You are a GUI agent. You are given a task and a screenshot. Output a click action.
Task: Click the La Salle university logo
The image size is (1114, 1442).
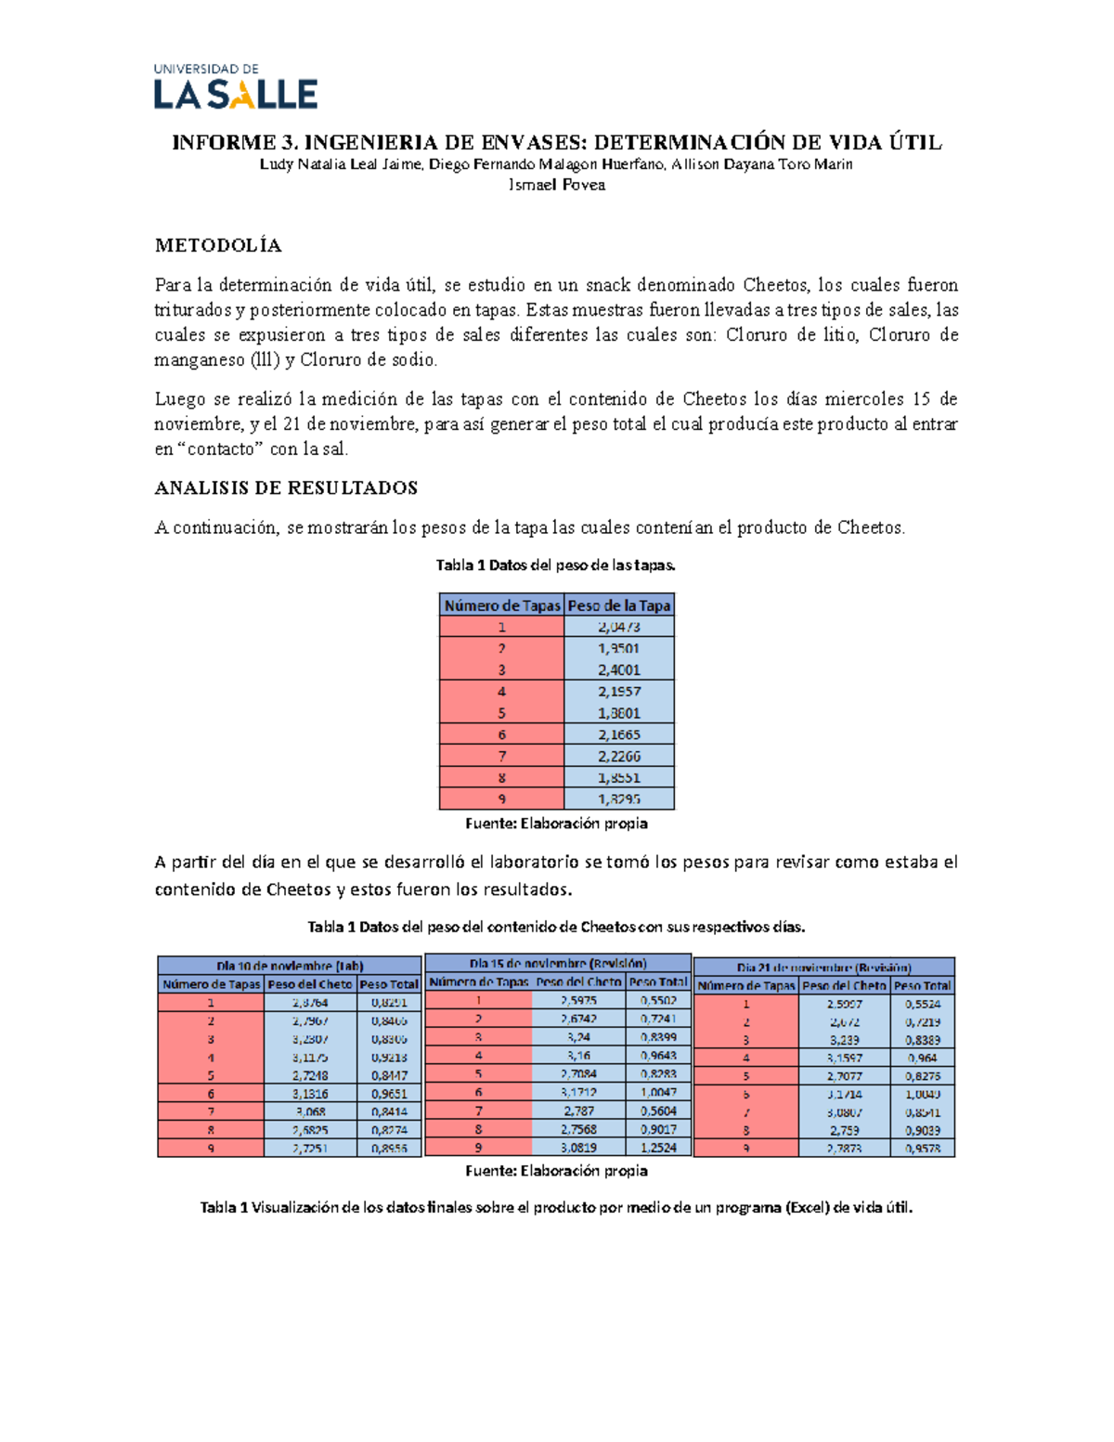[236, 87]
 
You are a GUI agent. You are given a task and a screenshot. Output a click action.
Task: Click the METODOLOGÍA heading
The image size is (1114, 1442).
[218, 245]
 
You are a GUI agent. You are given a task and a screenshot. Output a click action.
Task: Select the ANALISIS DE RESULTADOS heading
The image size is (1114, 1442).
[286, 487]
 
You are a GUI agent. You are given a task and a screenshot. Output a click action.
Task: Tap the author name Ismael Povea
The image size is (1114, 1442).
[556, 185]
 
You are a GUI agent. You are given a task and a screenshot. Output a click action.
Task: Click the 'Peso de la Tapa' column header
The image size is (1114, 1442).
[618, 605]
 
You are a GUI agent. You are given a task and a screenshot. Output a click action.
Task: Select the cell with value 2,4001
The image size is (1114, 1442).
[618, 669]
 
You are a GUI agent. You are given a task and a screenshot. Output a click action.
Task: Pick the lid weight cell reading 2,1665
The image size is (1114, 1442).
[618, 734]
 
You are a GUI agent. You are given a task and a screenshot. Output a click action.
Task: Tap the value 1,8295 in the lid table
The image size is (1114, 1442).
[618, 799]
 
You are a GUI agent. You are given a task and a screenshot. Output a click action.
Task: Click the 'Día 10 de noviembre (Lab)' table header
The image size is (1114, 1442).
[290, 966]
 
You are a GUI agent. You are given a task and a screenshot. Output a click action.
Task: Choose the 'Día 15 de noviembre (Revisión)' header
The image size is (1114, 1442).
[558, 963]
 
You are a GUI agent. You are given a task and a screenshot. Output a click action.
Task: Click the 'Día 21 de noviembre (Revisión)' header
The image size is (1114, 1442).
[823, 967]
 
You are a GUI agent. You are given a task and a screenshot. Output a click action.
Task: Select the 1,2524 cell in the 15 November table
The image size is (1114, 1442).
[658, 1148]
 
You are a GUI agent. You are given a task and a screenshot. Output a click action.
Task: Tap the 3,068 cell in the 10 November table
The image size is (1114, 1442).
[310, 1111]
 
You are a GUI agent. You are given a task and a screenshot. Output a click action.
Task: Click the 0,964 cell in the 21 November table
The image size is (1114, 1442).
[922, 1058]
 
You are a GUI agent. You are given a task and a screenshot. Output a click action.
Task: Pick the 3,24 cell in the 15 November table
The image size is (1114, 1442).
[578, 1037]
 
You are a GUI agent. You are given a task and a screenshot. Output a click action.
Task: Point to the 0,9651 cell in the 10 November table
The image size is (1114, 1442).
[389, 1094]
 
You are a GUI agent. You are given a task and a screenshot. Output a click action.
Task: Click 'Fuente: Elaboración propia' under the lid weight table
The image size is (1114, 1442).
[556, 824]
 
